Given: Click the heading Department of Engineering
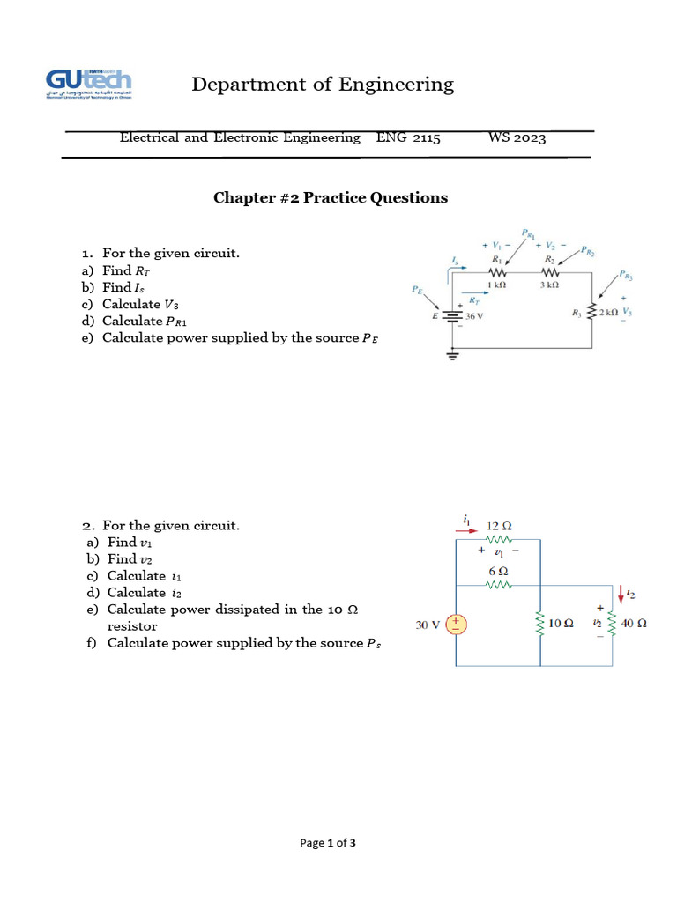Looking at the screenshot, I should coord(323,85).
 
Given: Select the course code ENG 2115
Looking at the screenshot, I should coord(408,138).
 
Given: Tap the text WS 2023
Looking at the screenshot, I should coord(517,138).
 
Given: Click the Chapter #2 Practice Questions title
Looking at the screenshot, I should coord(331,197).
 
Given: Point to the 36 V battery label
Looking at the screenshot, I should coord(474,317).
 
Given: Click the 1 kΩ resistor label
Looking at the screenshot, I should coord(495,285).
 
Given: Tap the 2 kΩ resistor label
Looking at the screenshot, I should coord(608,313).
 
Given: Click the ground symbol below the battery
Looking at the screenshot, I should coord(454,354).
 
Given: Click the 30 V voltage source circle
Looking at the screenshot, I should coord(457,625).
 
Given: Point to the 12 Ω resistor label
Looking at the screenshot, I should coord(500,526).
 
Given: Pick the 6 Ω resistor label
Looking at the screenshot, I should coord(498,572).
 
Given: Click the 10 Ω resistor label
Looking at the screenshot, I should coord(562,624).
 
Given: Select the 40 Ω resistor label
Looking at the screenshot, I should coord(634,624).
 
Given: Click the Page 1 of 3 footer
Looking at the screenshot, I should coord(328,843).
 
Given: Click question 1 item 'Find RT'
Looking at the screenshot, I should coord(131,271).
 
